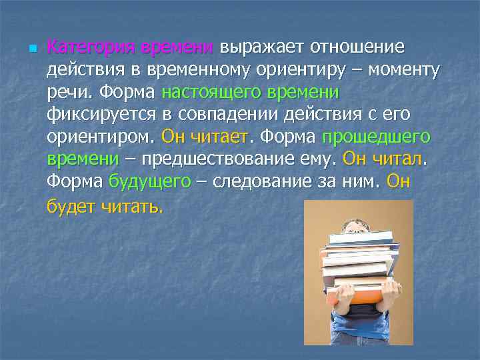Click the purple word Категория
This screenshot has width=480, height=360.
(x=90, y=47)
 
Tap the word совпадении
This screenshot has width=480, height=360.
(x=233, y=115)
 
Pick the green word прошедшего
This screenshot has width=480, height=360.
(x=377, y=137)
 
